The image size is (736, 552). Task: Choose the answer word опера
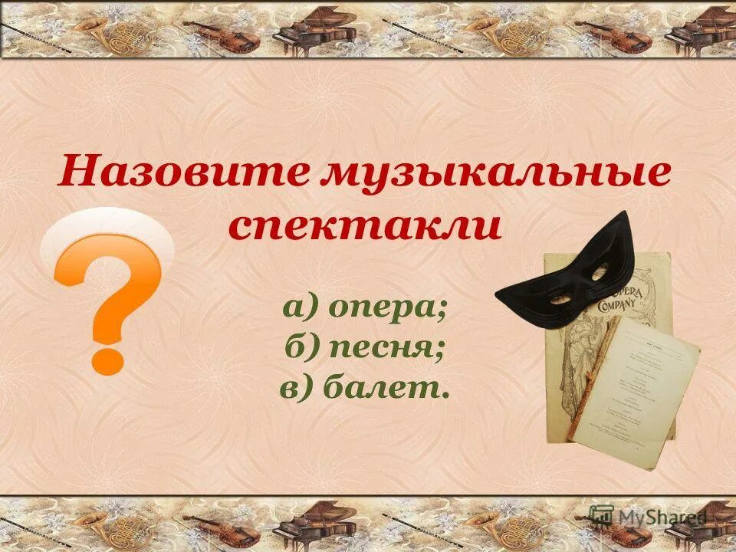coord(389,308)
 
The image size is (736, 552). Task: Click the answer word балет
coord(386,388)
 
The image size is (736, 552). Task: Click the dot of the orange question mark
coord(108,356)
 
